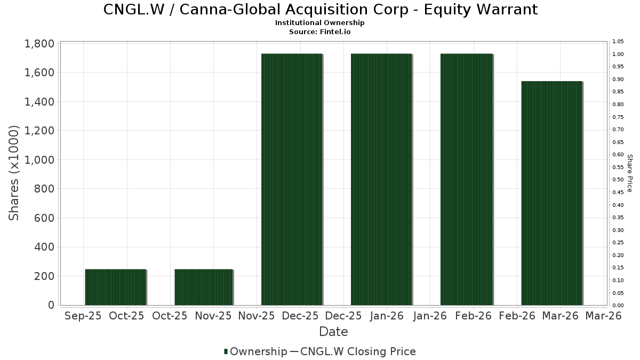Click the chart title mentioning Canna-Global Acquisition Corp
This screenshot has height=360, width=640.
[320, 10]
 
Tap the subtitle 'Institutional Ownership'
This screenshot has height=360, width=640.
[320, 23]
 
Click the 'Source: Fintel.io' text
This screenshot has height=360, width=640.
[320, 32]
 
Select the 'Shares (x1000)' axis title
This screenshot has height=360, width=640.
[14, 173]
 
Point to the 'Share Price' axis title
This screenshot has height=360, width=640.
[629, 173]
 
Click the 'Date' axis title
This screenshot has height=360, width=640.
[333, 332]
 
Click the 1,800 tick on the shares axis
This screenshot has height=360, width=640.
[39, 44]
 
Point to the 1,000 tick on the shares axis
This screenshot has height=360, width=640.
[39, 160]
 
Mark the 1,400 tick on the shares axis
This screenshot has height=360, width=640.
[39, 102]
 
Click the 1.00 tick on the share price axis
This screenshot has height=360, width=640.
[618, 54]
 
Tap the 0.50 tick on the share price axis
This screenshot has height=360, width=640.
[618, 180]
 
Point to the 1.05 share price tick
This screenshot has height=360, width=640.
[618, 42]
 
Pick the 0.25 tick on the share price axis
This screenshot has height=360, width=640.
[618, 243]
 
